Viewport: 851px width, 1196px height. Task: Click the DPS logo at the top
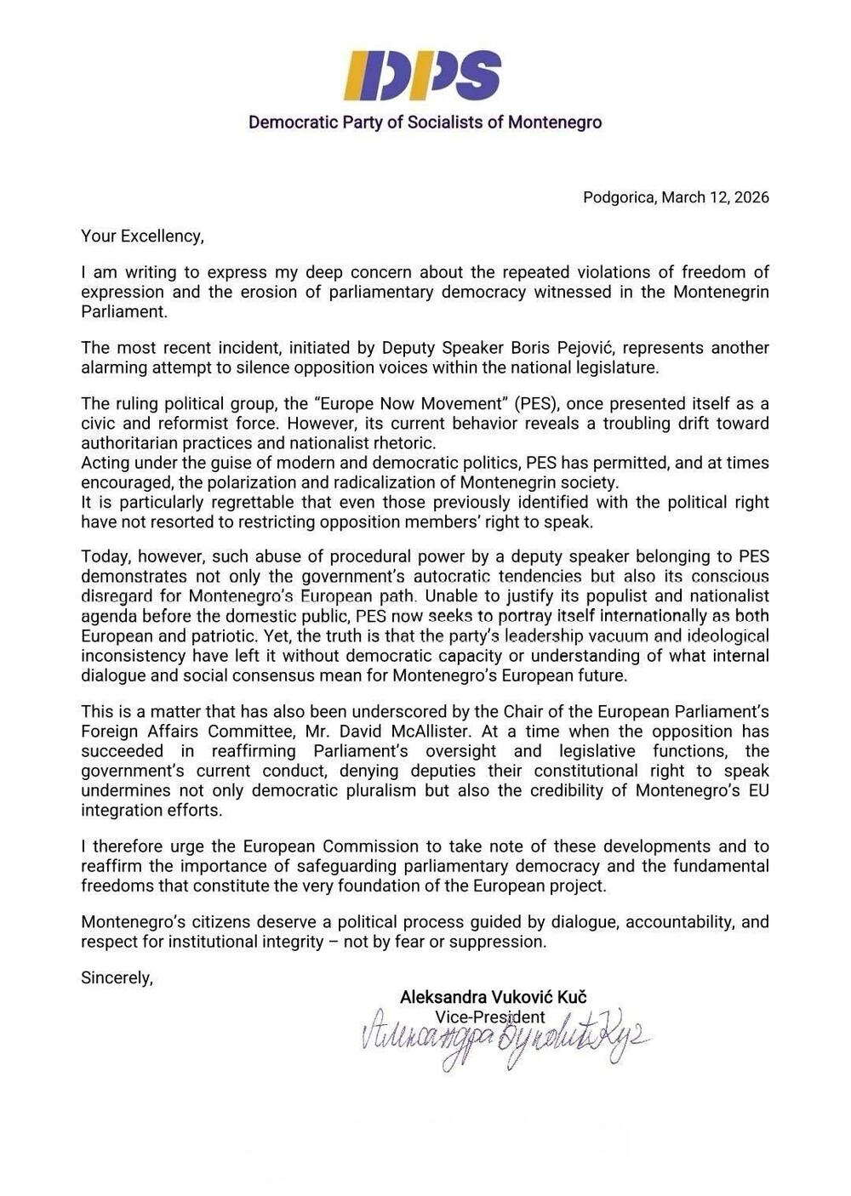coord(422,75)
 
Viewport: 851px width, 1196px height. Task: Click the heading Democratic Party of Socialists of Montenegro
coord(425,122)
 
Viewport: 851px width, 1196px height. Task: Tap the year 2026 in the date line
coord(751,197)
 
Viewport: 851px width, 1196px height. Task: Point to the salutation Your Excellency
coord(142,236)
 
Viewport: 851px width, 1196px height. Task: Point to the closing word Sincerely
coord(116,978)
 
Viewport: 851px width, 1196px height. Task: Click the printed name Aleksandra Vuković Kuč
coord(493,997)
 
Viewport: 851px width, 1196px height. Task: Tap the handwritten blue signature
coord(502,1039)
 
